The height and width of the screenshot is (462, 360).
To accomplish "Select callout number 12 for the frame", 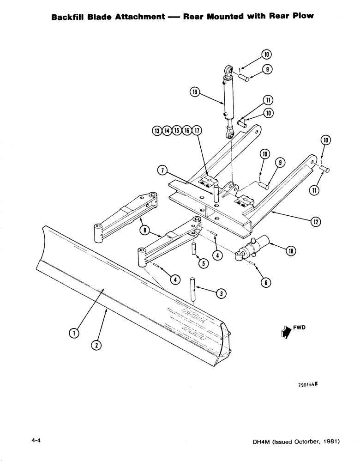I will (x=316, y=222).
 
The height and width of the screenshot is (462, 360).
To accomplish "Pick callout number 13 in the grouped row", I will (x=157, y=131).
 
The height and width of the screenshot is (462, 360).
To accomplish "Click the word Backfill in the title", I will (x=67, y=17).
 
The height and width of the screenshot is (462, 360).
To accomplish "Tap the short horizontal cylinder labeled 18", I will (x=256, y=247).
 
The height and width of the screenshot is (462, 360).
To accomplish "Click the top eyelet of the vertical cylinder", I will (x=228, y=71).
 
